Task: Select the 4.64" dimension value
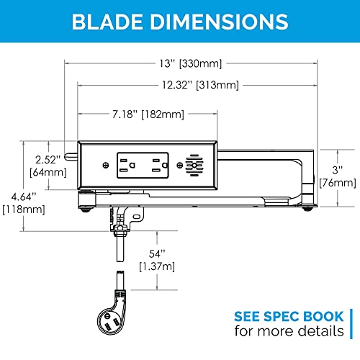(17, 197)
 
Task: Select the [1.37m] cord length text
(158, 267)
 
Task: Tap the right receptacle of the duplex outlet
(156, 164)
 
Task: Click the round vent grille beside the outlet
(192, 166)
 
